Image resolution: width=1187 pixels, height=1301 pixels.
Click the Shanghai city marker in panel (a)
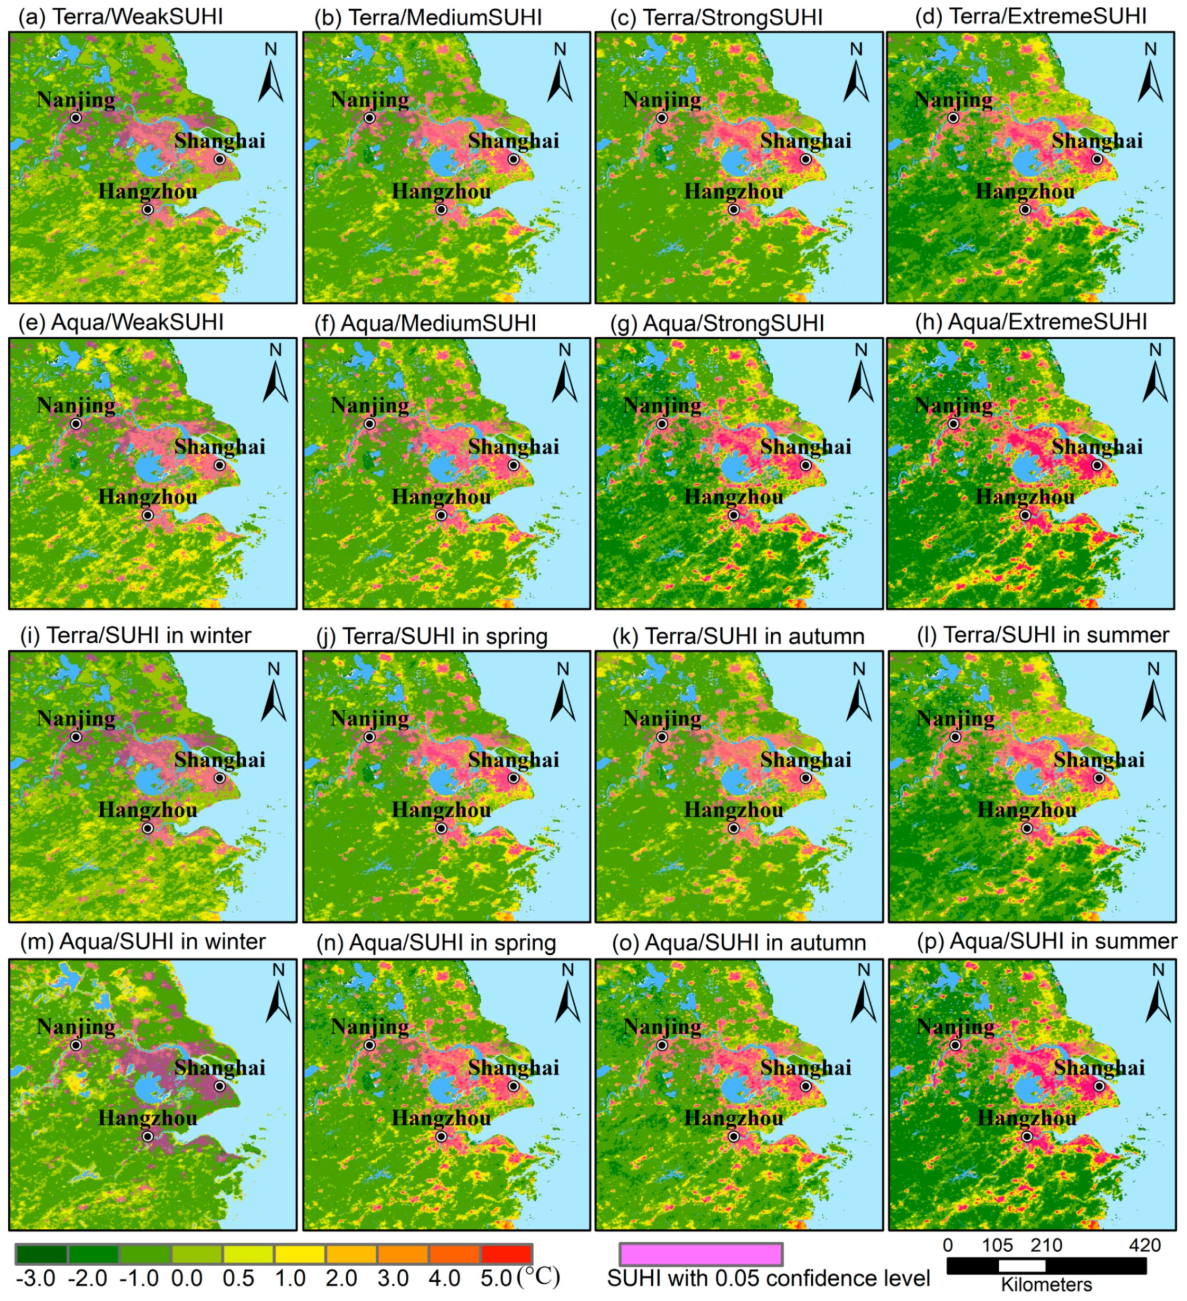(220, 160)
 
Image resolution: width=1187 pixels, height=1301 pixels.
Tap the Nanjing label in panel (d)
(953, 100)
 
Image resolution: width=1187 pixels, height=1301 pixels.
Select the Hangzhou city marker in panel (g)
(733, 515)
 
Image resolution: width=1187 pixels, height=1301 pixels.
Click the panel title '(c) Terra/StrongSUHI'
(717, 18)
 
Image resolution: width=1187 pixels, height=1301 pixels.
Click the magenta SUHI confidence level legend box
(701, 1254)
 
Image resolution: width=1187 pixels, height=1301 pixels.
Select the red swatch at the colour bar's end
(505, 1254)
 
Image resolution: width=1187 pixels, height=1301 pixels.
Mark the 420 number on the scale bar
(1144, 1245)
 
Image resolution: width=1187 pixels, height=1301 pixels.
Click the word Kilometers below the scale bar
(1046, 1285)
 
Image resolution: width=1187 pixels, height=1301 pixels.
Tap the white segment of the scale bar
(1021, 1266)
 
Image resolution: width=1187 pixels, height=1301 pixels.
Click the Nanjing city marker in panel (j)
(369, 737)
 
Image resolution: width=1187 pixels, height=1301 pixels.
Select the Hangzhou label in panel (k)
(733, 810)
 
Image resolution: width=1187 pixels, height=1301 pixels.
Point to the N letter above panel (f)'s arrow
(565, 350)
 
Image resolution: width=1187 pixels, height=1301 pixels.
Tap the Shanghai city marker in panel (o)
(806, 1086)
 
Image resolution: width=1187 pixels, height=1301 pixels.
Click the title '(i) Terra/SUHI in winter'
(136, 635)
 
